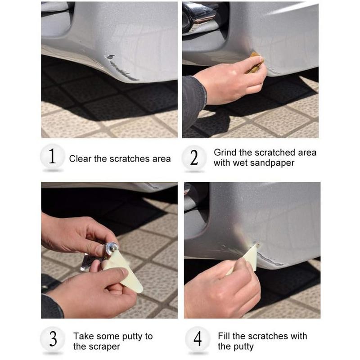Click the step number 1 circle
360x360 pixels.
tap(52, 157)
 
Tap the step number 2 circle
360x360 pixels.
tap(194, 157)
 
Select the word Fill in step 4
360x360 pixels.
tap(225, 336)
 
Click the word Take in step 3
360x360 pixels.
tap(83, 336)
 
